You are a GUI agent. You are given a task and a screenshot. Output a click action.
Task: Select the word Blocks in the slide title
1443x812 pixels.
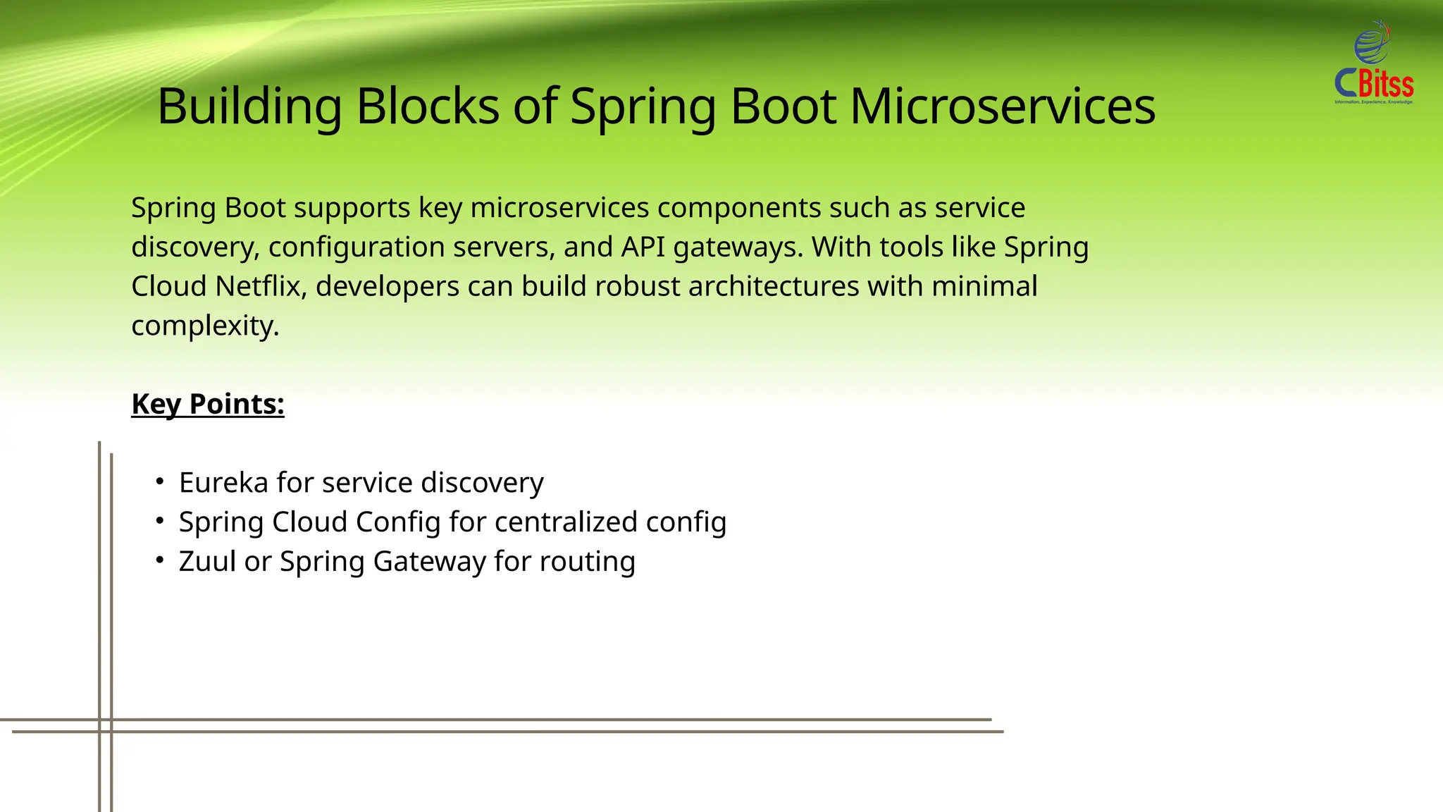click(428, 107)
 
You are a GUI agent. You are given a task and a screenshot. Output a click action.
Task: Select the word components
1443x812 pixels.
click(739, 209)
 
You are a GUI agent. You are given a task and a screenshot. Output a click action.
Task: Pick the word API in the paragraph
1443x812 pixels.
click(643, 247)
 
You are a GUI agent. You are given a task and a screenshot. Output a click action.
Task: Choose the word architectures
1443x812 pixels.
click(774, 287)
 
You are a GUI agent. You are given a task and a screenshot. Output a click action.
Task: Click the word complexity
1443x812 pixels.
click(205, 326)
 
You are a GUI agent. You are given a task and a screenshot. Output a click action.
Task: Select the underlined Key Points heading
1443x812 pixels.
click(208, 405)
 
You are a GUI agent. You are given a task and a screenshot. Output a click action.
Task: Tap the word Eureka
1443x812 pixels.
click(223, 483)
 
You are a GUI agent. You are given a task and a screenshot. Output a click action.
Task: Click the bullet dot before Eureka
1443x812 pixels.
click(161, 482)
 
